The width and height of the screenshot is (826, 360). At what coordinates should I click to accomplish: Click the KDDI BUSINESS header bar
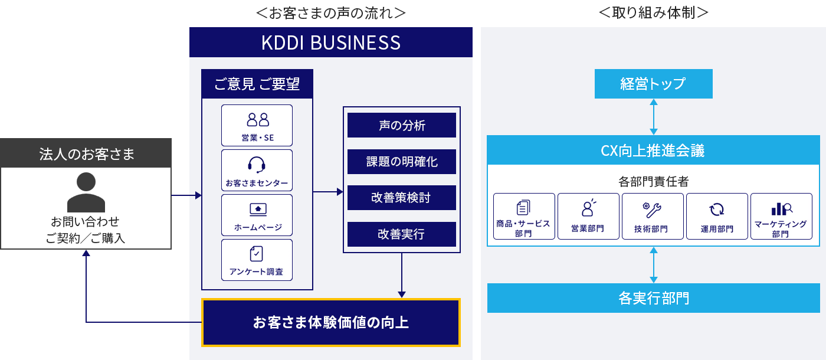330,42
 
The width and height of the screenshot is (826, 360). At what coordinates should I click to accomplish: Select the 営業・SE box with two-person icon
257,125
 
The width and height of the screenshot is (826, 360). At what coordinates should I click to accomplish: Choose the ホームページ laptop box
257,215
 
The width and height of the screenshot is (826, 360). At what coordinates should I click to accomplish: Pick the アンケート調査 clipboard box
257,260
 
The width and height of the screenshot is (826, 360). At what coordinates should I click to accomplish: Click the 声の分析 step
401,125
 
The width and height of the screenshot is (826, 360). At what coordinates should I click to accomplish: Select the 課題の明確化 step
401,162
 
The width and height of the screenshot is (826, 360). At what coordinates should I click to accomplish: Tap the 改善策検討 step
401,198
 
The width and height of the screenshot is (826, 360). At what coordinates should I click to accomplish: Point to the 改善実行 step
401,234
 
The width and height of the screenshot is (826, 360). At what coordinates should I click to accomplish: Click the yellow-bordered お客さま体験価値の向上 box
330,322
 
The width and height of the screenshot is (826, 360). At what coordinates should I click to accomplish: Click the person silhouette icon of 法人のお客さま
86,192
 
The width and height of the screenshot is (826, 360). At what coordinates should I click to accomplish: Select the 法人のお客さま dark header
86,153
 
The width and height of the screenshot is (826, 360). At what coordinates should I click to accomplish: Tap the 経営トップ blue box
653,84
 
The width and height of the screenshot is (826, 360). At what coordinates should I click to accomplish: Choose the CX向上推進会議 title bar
653,150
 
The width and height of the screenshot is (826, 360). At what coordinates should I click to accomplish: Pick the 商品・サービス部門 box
524,216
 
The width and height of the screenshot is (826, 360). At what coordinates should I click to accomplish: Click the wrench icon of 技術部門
652,210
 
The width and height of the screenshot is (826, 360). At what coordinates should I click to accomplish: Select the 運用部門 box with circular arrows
717,216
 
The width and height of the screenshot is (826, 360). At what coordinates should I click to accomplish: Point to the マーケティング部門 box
781,216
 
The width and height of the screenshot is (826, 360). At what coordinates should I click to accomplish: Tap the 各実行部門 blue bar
653,298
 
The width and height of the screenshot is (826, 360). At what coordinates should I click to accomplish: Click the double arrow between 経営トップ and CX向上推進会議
653,117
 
